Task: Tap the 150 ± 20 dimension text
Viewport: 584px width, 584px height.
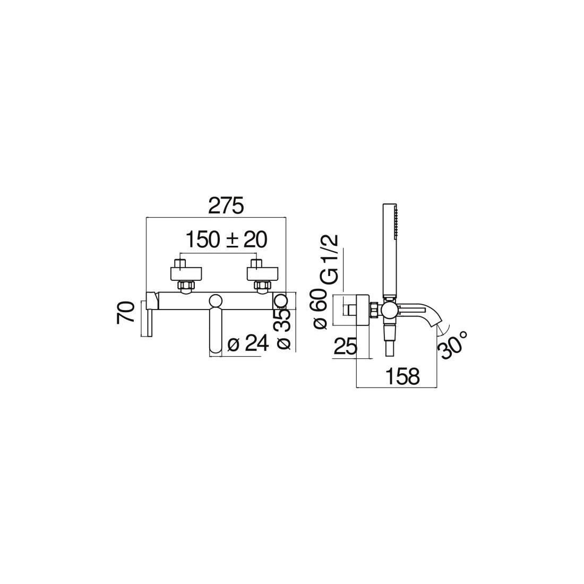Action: tap(227, 239)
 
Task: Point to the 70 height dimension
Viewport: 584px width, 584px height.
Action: tap(125, 313)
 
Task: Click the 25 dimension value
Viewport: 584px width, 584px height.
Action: tap(345, 347)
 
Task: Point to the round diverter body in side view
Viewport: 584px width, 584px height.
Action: tap(389, 311)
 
